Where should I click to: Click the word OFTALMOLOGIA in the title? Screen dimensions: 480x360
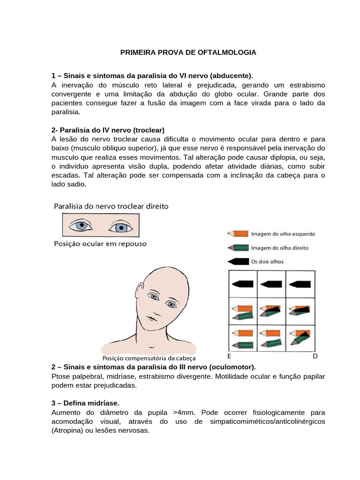click(229, 52)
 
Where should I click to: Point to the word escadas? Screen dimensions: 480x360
click(65, 175)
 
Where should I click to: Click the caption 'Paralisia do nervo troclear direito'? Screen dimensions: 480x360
click(112, 206)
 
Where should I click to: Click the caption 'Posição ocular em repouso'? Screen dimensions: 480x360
click(100, 244)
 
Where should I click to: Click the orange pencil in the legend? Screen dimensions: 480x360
click(237, 233)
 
